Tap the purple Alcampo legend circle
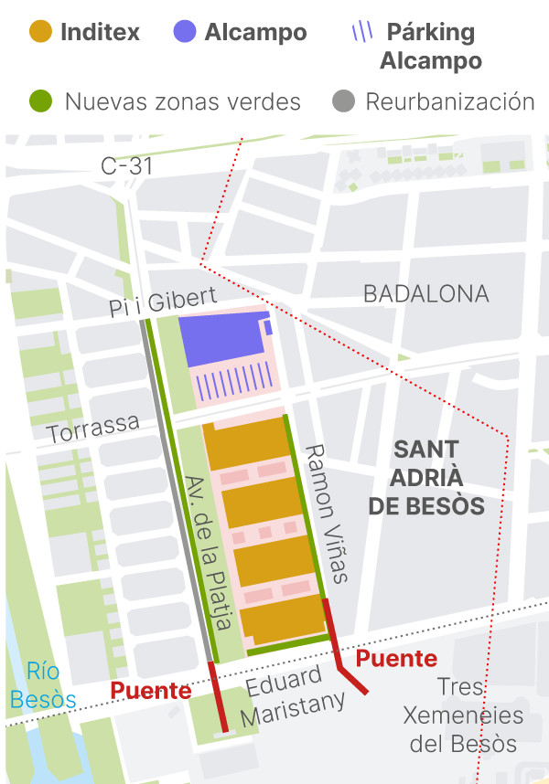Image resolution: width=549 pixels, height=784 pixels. click(185, 33)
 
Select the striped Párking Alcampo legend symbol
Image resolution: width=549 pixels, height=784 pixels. click(362, 32)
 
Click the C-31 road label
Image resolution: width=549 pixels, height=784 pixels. click(126, 166)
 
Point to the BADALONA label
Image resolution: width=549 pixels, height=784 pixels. click(425, 294)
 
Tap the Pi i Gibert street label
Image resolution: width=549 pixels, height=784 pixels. click(163, 302)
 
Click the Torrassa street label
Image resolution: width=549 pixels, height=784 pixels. click(94, 427)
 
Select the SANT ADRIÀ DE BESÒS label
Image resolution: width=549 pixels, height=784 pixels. click(425, 478)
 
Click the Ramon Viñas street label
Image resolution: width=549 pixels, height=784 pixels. click(326, 514)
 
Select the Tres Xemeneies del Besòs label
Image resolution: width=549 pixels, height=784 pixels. click(463, 715)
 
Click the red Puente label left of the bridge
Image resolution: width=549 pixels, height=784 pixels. click(151, 691)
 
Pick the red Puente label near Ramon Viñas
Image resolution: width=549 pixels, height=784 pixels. click(396, 658)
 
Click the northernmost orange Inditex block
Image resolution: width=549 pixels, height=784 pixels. click(245, 443)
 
